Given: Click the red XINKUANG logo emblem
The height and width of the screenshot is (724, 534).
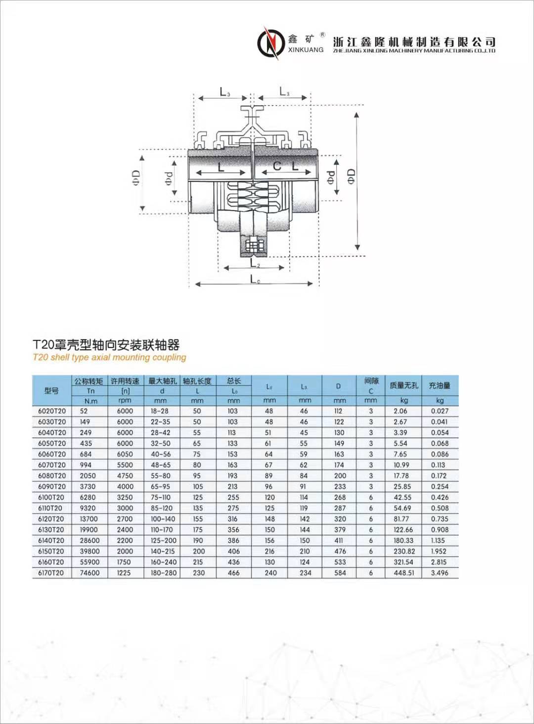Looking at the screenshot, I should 270,43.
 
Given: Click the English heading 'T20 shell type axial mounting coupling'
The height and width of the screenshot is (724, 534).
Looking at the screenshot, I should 109,357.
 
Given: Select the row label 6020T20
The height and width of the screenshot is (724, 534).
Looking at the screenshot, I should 52,411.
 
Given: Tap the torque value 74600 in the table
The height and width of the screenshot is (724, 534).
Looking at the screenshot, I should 89,573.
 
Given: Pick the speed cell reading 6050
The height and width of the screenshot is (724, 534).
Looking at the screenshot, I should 125,454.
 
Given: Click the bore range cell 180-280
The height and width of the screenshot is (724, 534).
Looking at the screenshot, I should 162,573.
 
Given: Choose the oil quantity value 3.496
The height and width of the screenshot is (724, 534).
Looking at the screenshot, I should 440,573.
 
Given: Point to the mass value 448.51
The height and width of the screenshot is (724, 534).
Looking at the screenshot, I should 404,573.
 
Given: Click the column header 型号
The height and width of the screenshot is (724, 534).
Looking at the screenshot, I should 51,391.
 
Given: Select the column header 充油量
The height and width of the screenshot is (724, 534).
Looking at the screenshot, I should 440,385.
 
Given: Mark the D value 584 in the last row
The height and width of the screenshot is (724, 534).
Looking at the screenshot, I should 340,573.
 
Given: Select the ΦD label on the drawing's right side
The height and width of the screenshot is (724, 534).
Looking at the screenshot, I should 351,176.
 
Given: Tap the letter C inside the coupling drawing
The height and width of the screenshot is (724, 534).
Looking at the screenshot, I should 277,166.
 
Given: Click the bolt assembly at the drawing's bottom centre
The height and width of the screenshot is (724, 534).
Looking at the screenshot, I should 253,245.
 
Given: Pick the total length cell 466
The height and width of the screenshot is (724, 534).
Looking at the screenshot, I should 233,573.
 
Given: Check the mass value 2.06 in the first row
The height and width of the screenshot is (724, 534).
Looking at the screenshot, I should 400,411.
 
